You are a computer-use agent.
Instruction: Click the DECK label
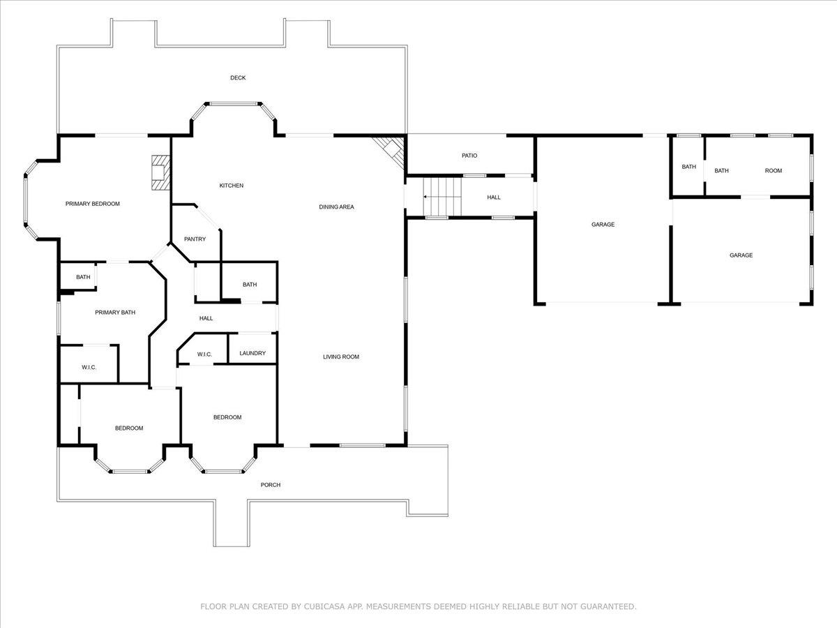[238, 77]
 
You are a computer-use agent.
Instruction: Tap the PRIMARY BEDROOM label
[93, 204]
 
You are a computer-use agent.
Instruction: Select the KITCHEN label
[232, 186]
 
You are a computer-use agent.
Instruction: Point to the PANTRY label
[195, 239]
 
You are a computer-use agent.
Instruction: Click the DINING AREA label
[336, 207]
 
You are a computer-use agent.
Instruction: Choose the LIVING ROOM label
[341, 357]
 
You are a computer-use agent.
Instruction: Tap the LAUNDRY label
[252, 354]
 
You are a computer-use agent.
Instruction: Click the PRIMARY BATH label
[115, 313]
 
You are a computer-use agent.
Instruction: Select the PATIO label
[469, 156]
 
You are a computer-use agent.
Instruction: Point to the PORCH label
[271, 485]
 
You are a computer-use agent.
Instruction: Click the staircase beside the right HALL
[442, 197]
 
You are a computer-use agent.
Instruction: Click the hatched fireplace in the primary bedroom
[161, 172]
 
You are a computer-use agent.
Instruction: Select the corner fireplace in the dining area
[391, 151]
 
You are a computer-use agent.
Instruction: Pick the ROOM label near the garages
[774, 171]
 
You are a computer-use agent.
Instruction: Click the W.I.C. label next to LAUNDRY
[204, 354]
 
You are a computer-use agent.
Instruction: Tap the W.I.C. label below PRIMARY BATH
[89, 368]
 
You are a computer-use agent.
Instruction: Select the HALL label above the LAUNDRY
[206, 318]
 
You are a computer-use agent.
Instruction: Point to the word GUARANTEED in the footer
[608, 606]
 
